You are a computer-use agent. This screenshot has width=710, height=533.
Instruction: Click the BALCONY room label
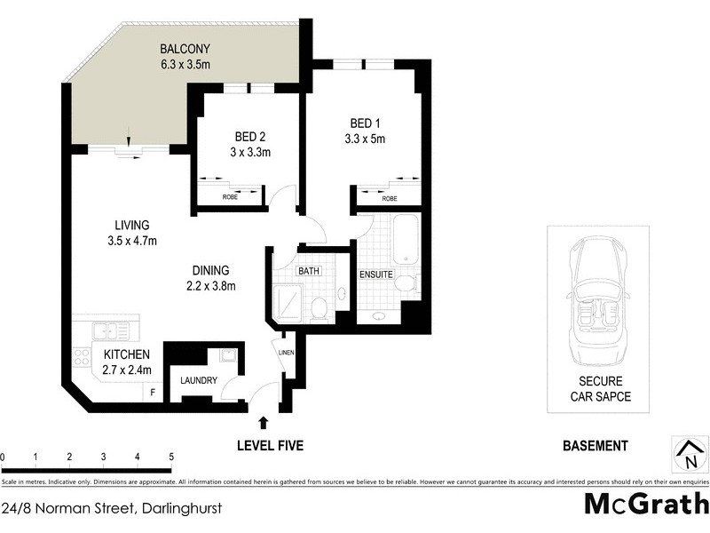pyautogui.click(x=185, y=48)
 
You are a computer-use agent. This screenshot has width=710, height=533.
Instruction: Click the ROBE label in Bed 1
pyautogui.click(x=389, y=199)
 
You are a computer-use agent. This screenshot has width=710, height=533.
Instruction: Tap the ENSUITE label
pyautogui.click(x=375, y=274)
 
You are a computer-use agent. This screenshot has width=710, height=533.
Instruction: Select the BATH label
pyautogui.click(x=309, y=272)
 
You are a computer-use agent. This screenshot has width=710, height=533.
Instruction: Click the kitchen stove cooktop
pyautogui.click(x=82, y=358)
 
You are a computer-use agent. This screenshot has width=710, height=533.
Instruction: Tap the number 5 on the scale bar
pyautogui.click(x=171, y=457)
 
